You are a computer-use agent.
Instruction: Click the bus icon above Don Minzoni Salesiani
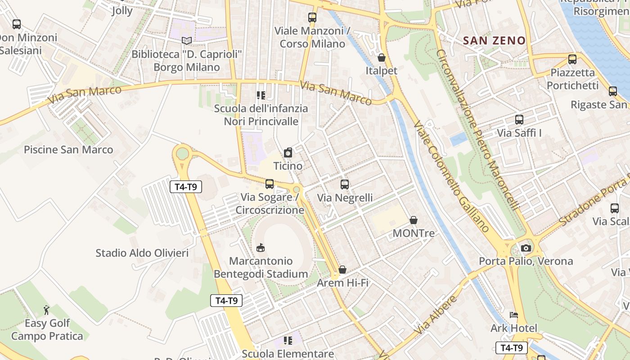[x=17, y=24]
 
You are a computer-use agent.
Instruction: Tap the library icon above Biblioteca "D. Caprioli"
[x=187, y=41]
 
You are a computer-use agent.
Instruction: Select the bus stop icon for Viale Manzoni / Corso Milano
[x=312, y=18]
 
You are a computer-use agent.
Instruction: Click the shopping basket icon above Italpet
[x=382, y=58]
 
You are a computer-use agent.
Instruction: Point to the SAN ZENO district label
[x=494, y=40]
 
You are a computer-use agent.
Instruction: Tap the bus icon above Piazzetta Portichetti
[x=572, y=59]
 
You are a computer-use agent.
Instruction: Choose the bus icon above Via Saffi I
[x=519, y=120]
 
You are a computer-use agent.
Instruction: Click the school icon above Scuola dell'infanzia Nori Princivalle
[x=261, y=95]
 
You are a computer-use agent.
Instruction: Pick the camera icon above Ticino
[x=288, y=153]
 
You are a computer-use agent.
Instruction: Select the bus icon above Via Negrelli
[x=345, y=184]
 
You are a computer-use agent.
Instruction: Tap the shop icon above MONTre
[x=414, y=220]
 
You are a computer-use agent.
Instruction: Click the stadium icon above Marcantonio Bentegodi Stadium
[x=261, y=247]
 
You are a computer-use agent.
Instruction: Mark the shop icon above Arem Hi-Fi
[x=342, y=270]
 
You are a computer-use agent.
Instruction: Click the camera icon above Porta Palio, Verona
[x=526, y=248]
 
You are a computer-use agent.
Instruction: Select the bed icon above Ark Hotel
[x=514, y=315]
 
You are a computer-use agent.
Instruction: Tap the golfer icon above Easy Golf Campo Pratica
[x=47, y=310]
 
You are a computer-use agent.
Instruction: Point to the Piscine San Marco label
[x=68, y=149]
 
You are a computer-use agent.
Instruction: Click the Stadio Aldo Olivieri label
[x=142, y=253]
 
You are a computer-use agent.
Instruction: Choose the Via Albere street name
[x=436, y=315]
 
